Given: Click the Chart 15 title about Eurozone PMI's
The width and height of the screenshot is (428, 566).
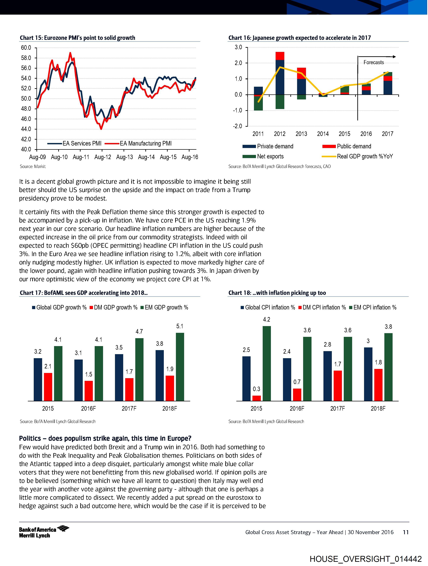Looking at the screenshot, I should point(78,38).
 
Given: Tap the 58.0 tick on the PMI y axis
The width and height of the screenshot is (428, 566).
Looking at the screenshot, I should point(26,58).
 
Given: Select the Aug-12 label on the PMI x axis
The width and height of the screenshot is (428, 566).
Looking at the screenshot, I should point(103,157).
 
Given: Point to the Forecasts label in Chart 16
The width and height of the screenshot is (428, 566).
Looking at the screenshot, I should point(374,62).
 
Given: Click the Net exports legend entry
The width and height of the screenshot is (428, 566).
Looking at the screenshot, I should point(270,156).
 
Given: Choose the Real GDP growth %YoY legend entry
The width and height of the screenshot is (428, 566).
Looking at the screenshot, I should point(365,156).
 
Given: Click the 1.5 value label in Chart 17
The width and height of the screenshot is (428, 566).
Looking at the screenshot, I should point(88,374).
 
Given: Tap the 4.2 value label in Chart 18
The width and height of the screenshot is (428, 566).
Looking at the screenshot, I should point(267,319).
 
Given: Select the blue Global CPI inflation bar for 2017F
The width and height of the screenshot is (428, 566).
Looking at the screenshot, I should point(327,376).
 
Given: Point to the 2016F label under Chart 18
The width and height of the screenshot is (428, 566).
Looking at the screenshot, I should point(297,408).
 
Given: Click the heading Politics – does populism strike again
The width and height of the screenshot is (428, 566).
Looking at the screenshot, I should point(105,438).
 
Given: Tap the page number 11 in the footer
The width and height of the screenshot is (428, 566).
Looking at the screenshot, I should point(406,532).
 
